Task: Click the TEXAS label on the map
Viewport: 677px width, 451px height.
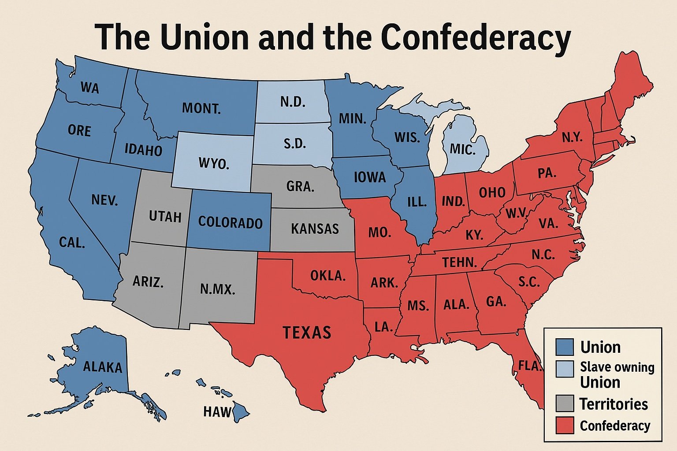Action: click(307, 332)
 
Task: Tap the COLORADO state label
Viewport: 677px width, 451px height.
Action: click(230, 222)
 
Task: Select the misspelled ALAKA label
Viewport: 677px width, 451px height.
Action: click(103, 366)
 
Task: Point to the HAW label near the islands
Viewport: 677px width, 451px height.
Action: click(217, 412)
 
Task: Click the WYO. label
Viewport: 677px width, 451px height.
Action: click(214, 164)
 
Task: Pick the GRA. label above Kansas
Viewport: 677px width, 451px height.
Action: click(300, 186)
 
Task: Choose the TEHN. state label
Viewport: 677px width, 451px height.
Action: click(460, 263)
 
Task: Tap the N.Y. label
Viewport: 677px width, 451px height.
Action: click(572, 137)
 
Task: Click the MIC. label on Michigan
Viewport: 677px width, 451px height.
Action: click(463, 150)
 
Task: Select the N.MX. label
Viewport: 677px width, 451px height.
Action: click(218, 289)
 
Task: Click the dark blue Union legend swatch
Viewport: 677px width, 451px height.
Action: click(565, 347)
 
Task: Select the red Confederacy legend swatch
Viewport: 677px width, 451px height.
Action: click(565, 425)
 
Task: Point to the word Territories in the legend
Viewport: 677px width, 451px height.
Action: click(614, 404)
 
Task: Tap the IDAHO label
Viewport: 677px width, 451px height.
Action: click(143, 150)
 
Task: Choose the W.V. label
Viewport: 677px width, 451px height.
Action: click(516, 214)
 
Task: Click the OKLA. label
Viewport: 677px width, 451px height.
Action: click(327, 276)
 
